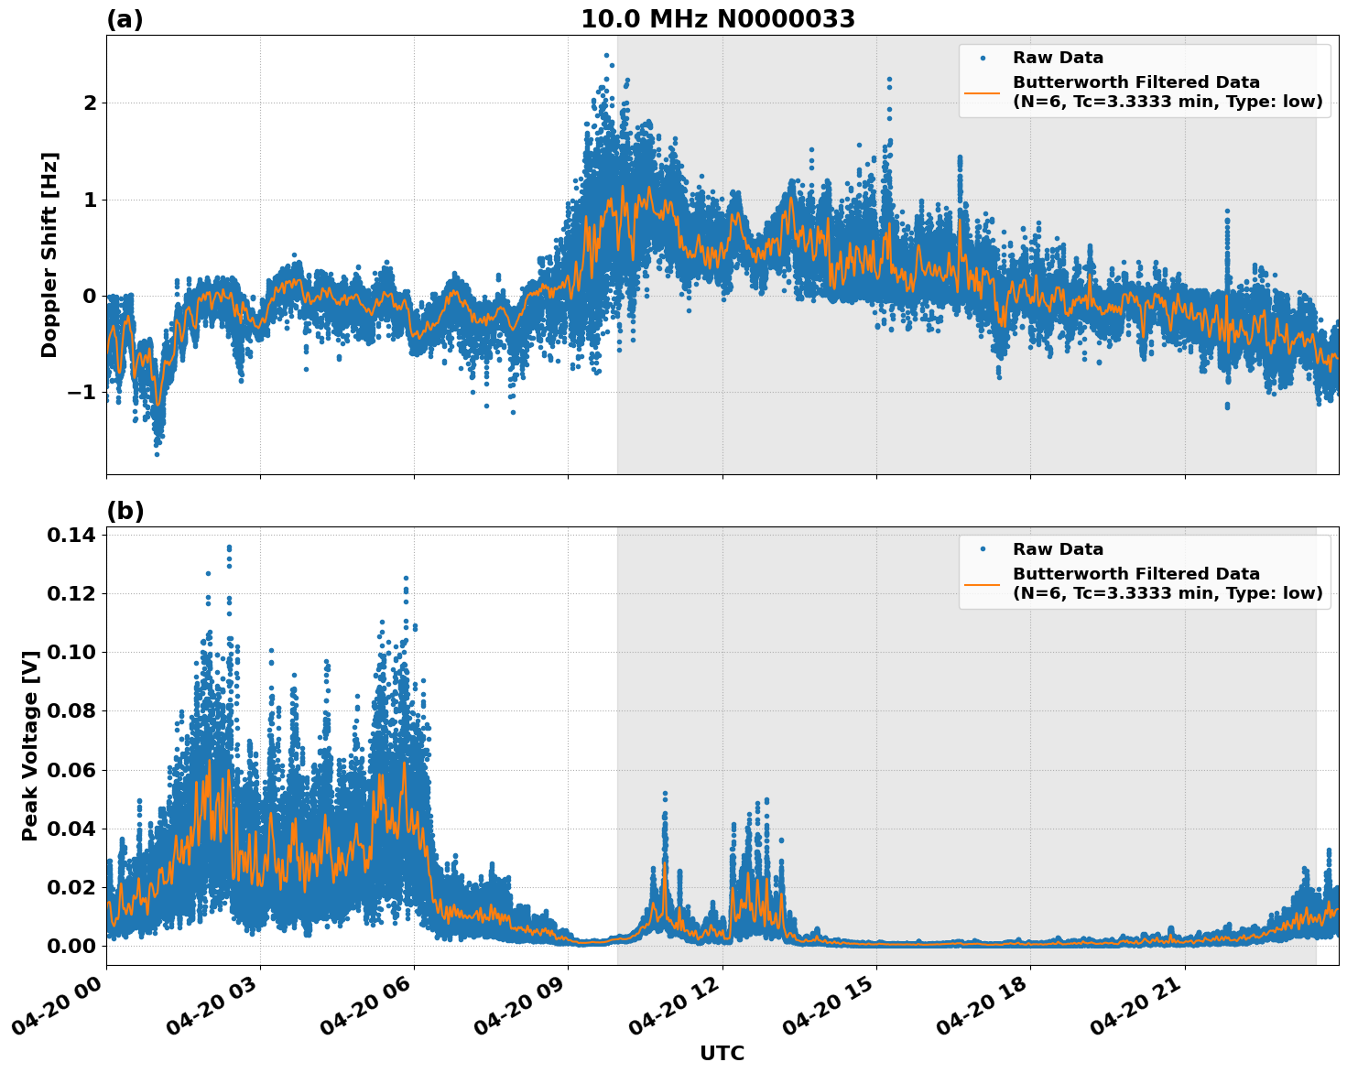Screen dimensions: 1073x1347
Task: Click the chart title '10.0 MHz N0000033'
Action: coord(717,19)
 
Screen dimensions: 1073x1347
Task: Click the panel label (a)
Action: coord(125,19)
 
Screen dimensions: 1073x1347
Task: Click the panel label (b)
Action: coord(125,511)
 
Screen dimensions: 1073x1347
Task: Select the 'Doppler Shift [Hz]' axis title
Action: coord(49,255)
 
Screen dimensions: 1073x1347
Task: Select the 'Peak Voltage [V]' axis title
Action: coord(30,745)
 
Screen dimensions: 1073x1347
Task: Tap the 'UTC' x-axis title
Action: coord(722,1053)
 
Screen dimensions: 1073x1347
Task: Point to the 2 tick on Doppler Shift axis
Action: coord(90,103)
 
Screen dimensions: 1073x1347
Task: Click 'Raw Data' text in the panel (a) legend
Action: coord(1058,58)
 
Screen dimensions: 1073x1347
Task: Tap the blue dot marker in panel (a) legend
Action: coord(982,58)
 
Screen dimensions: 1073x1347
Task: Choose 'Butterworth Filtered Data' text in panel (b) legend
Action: coord(1135,574)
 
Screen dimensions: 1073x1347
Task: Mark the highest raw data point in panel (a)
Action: coord(606,55)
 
